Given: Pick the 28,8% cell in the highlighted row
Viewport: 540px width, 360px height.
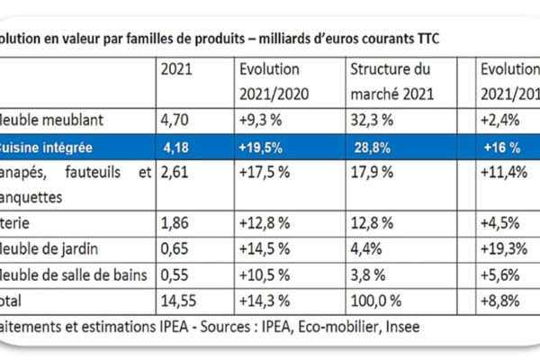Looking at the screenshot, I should pos(369,144).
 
